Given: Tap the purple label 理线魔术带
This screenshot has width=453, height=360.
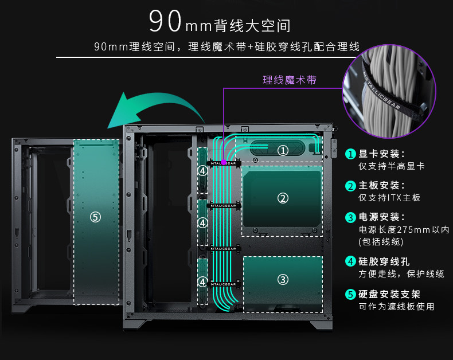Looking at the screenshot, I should pyautogui.click(x=290, y=80).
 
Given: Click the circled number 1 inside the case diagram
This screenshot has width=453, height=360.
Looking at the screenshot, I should pyautogui.click(x=283, y=151).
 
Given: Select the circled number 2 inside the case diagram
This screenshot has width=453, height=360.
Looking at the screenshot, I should pyautogui.click(x=283, y=198).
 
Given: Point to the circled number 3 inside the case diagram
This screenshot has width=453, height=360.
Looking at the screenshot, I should pyautogui.click(x=283, y=280).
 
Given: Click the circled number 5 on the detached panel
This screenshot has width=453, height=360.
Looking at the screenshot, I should pyautogui.click(x=95, y=217).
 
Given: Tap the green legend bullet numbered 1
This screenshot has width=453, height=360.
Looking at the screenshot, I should pyautogui.click(x=350, y=154).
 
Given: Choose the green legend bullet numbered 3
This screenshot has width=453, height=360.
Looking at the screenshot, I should pyautogui.click(x=350, y=217).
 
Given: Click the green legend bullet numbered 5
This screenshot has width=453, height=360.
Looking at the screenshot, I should pyautogui.click(x=350, y=295).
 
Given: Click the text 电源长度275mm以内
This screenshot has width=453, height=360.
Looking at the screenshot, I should pyautogui.click(x=404, y=230).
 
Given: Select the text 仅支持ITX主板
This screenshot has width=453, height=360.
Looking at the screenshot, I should pyautogui.click(x=389, y=198).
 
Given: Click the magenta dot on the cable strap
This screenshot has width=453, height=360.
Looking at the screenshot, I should pyautogui.click(x=224, y=163).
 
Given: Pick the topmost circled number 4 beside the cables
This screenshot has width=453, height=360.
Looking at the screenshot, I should pyautogui.click(x=202, y=171).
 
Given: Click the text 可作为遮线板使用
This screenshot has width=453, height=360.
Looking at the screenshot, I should pyautogui.click(x=396, y=307).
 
